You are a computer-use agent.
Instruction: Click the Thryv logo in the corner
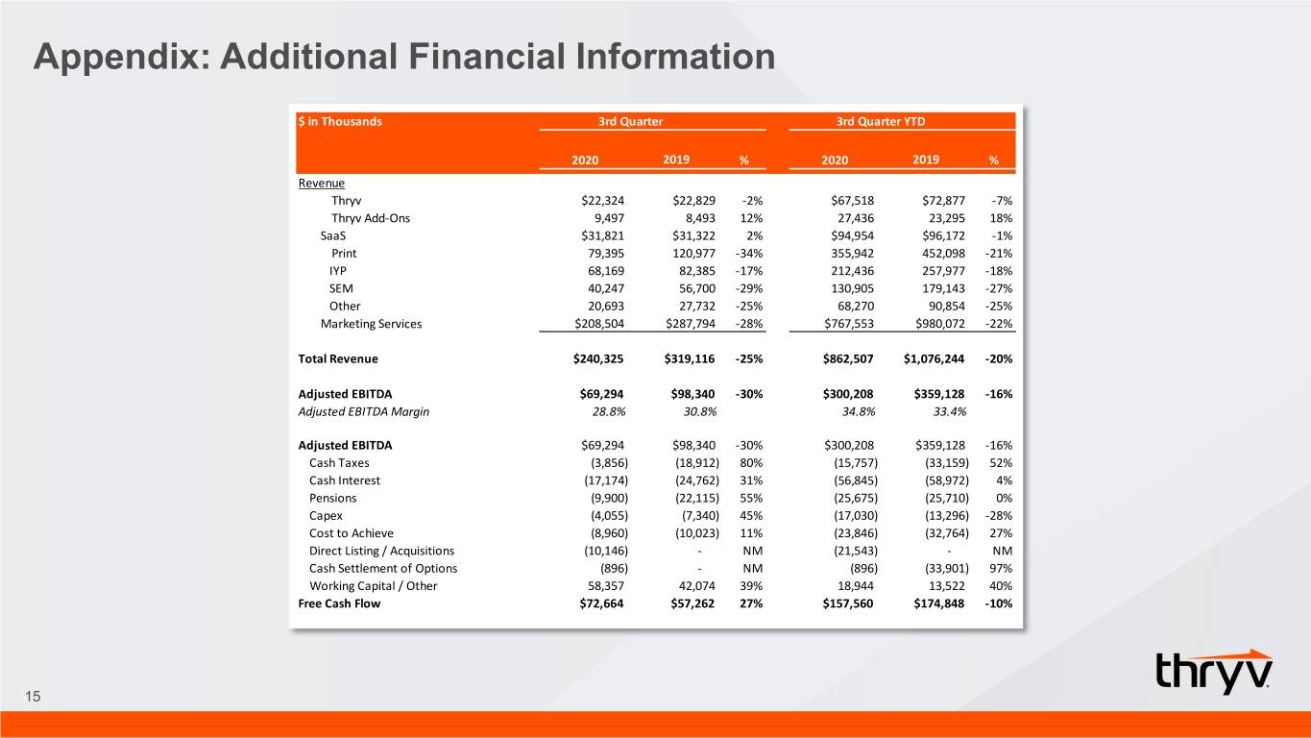[1214, 672]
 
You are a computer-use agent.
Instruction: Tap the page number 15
[33, 697]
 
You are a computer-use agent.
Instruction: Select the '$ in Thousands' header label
[339, 121]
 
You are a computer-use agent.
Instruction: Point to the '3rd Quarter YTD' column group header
[880, 121]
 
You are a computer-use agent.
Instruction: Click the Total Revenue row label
[338, 358]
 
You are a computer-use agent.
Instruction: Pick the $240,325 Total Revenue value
[598, 358]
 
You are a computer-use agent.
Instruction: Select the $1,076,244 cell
[934, 358]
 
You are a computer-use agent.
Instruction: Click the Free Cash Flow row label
[339, 603]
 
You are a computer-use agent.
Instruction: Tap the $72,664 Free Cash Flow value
[601, 603]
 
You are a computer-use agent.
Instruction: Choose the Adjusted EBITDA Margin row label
[363, 411]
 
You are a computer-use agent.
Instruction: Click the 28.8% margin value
[609, 411]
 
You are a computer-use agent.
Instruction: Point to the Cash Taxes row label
[339, 463]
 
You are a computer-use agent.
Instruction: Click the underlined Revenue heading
[322, 183]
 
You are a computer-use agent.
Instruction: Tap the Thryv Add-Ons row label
[371, 218]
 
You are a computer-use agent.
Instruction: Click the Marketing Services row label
[371, 324]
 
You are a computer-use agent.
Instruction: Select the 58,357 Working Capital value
[606, 586]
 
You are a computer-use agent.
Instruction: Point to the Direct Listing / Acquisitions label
[381, 551]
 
